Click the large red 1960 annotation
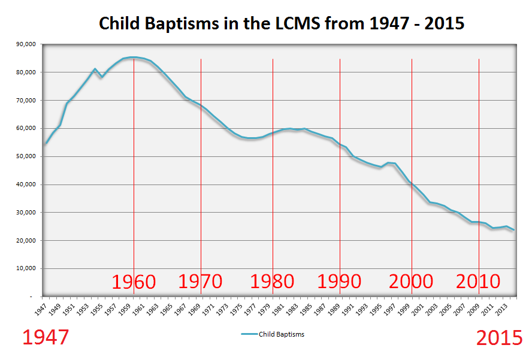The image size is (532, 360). pyautogui.click(x=134, y=282)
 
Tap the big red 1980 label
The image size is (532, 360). pyautogui.click(x=272, y=282)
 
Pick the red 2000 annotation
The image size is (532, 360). pyautogui.click(x=412, y=282)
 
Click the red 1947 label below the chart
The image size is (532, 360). pyautogui.click(x=46, y=338)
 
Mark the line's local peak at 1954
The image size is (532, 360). pyautogui.click(x=95, y=69)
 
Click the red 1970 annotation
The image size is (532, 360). pyautogui.click(x=201, y=282)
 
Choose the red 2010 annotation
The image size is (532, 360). pyautogui.click(x=479, y=282)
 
